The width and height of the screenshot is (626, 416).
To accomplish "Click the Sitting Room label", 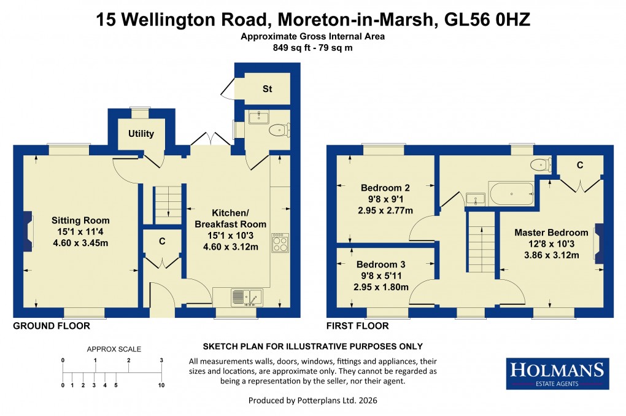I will (x=80, y=220).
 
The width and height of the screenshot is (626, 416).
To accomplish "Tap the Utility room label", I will (x=141, y=134).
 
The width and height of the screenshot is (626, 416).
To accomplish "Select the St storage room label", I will (x=267, y=89).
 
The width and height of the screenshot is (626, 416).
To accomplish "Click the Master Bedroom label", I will (x=551, y=233).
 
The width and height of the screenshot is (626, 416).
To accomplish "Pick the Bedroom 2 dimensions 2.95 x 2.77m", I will (x=385, y=210).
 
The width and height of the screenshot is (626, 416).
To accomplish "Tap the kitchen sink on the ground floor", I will (x=246, y=297).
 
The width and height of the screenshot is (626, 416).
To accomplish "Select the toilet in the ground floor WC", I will (x=279, y=129).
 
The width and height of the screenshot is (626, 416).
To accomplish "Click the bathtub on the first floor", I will (x=511, y=196).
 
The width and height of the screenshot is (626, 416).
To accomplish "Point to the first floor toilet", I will (x=540, y=163).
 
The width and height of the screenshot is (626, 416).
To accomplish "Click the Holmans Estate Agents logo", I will (x=557, y=373).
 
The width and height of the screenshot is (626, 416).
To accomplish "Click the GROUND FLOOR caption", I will (x=52, y=326).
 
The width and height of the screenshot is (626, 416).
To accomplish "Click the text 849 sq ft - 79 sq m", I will (x=312, y=47).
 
